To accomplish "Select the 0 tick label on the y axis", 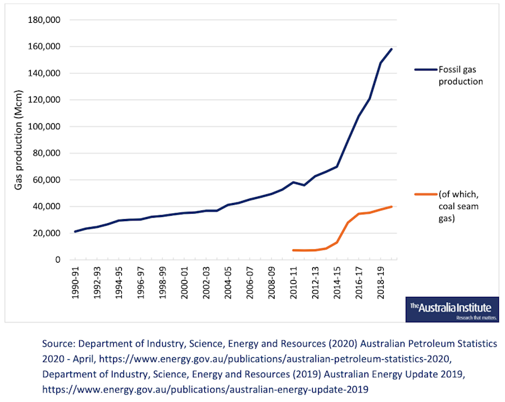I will (x=58, y=260).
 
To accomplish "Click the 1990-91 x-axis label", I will (x=76, y=282).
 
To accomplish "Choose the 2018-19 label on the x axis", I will (x=381, y=282).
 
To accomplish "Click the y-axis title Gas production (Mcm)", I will (x=19, y=140).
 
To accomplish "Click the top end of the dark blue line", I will (x=392, y=49).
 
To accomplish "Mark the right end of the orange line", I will (x=392, y=206).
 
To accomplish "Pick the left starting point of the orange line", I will (x=293, y=250).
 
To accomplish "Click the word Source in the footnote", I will (x=58, y=343).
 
